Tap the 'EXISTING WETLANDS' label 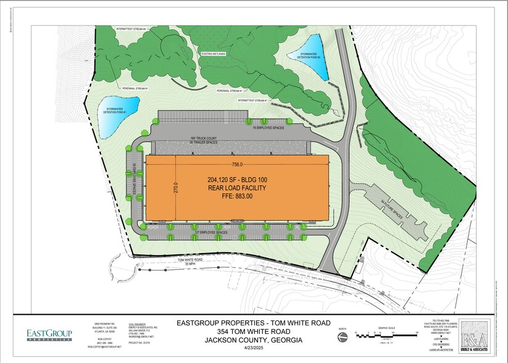[213, 54]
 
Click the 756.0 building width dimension [236, 164]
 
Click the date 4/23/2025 [254, 350]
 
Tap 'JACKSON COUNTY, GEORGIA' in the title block [254, 340]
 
